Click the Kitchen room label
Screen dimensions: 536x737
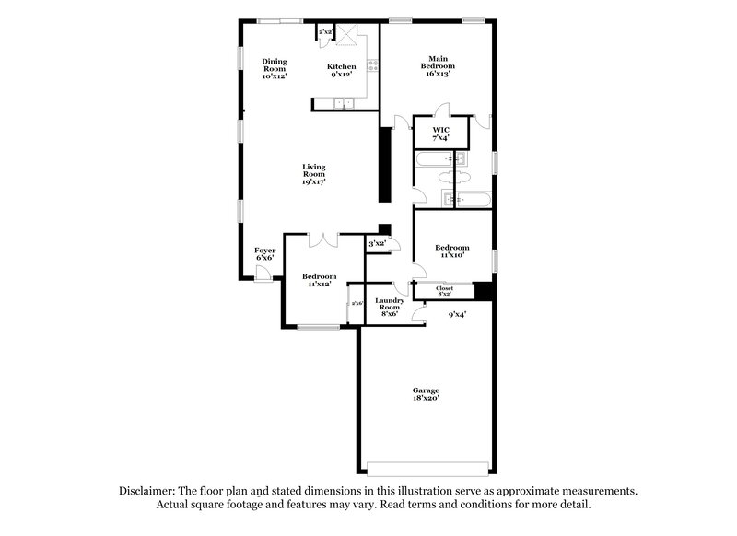[341, 71]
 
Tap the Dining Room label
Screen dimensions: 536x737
[275, 69]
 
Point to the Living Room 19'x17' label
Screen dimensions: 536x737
[313, 175]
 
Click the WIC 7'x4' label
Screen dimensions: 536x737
[440, 134]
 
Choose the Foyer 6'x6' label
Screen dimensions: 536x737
[264, 253]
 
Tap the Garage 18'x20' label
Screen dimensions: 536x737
[426, 394]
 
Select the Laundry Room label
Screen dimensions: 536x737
[388, 306]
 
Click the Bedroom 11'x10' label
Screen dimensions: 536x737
[451, 251]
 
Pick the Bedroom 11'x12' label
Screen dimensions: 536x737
[320, 280]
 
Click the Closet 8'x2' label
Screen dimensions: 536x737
[443, 291]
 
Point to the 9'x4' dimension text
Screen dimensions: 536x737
[457, 314]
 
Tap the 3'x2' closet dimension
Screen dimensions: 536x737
[377, 244]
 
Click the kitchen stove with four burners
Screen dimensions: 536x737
[372, 65]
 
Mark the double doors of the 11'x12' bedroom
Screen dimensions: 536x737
[323, 240]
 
